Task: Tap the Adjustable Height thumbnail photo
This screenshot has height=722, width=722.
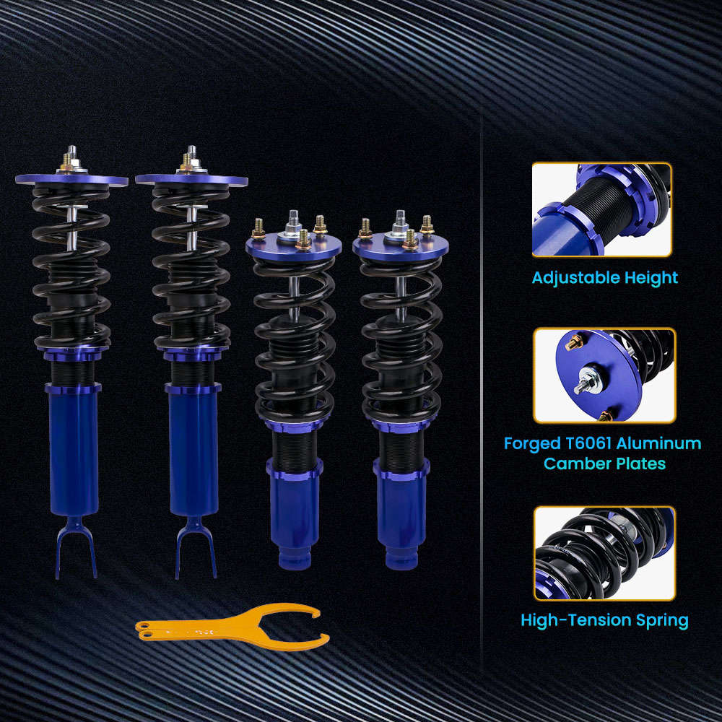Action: pyautogui.click(x=602, y=210)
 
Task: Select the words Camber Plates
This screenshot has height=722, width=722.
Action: pyautogui.click(x=604, y=464)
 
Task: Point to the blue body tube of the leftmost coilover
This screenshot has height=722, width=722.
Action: pyautogui.click(x=74, y=455)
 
